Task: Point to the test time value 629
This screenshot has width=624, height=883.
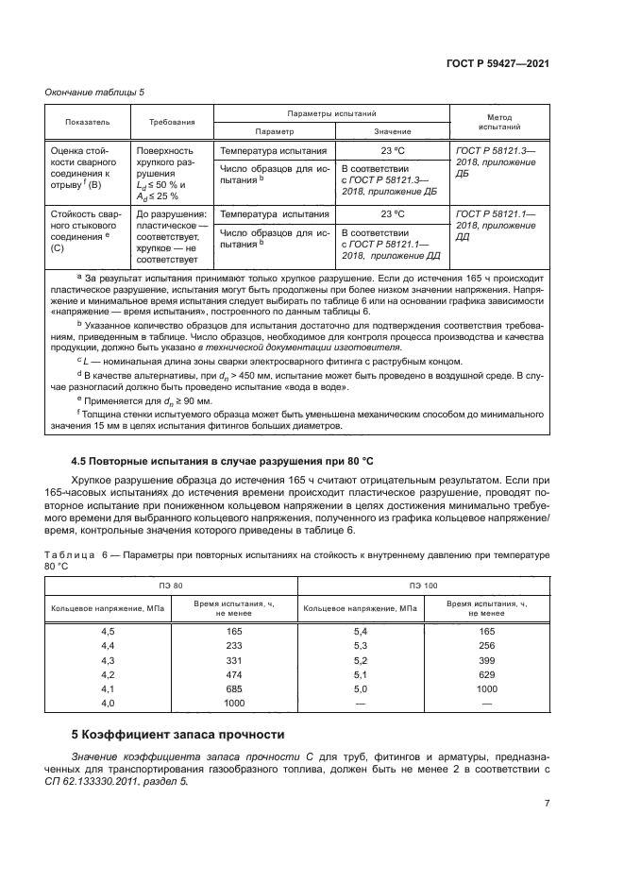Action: tap(486, 674)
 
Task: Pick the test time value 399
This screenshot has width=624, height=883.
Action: tap(486, 659)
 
